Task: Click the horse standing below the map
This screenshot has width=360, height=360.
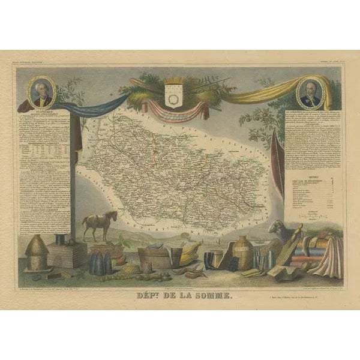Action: [100, 224]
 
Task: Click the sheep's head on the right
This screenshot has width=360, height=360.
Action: [277, 226]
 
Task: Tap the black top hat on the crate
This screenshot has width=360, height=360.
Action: [62, 239]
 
